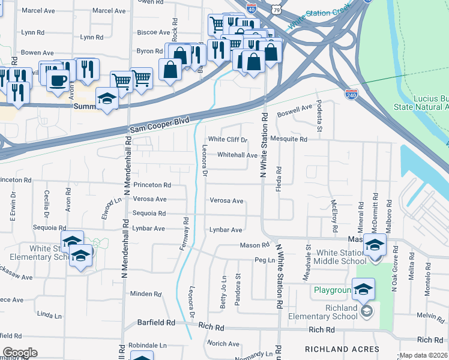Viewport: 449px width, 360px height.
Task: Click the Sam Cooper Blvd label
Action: tap(159, 125)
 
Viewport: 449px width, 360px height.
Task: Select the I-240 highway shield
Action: tap(352, 94)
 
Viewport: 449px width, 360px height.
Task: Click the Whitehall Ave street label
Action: tap(237, 155)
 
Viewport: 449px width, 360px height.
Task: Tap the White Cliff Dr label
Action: tap(228, 140)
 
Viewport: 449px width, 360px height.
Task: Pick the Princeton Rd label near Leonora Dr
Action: tap(152, 185)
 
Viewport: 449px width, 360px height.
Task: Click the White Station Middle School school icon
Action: tap(375, 245)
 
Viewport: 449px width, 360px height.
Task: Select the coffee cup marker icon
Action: tap(58, 79)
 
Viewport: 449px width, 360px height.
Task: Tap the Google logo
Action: tap(20, 353)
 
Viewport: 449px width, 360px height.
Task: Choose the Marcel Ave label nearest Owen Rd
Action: tap(109, 11)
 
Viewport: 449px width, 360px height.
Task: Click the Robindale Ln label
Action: tap(147, 346)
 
